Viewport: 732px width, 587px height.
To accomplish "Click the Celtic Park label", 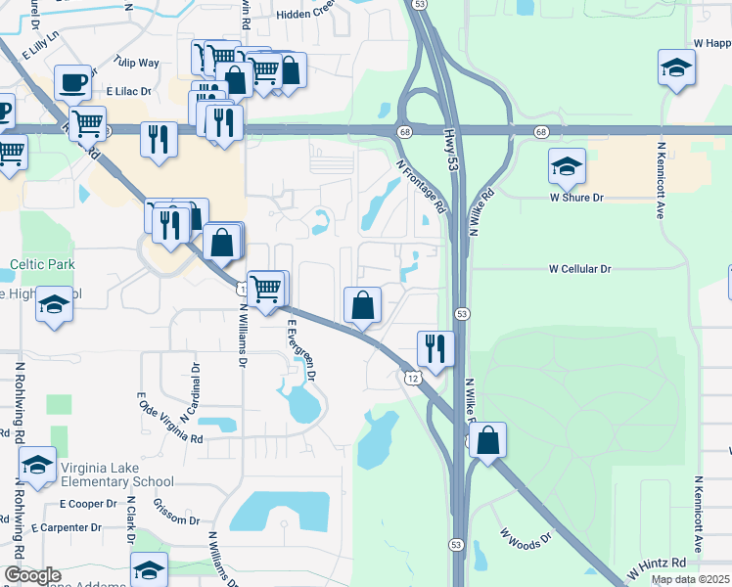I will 42,264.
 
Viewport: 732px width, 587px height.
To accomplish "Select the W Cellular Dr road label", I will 579,268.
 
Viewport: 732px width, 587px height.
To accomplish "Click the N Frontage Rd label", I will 421,188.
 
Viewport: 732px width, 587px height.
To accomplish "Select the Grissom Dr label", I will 177,513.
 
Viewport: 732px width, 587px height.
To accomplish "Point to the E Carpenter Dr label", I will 67,527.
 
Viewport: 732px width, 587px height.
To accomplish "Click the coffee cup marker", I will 72,81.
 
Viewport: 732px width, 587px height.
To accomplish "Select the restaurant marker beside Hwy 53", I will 435,347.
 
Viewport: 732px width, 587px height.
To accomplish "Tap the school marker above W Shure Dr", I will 567,166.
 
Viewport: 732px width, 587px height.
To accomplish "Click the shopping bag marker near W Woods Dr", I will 487,440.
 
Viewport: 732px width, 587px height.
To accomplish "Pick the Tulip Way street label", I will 136,63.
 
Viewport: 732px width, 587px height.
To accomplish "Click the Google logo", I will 31,576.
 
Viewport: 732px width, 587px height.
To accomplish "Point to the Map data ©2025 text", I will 690,579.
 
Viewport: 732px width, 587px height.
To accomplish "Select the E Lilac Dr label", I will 130,91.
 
